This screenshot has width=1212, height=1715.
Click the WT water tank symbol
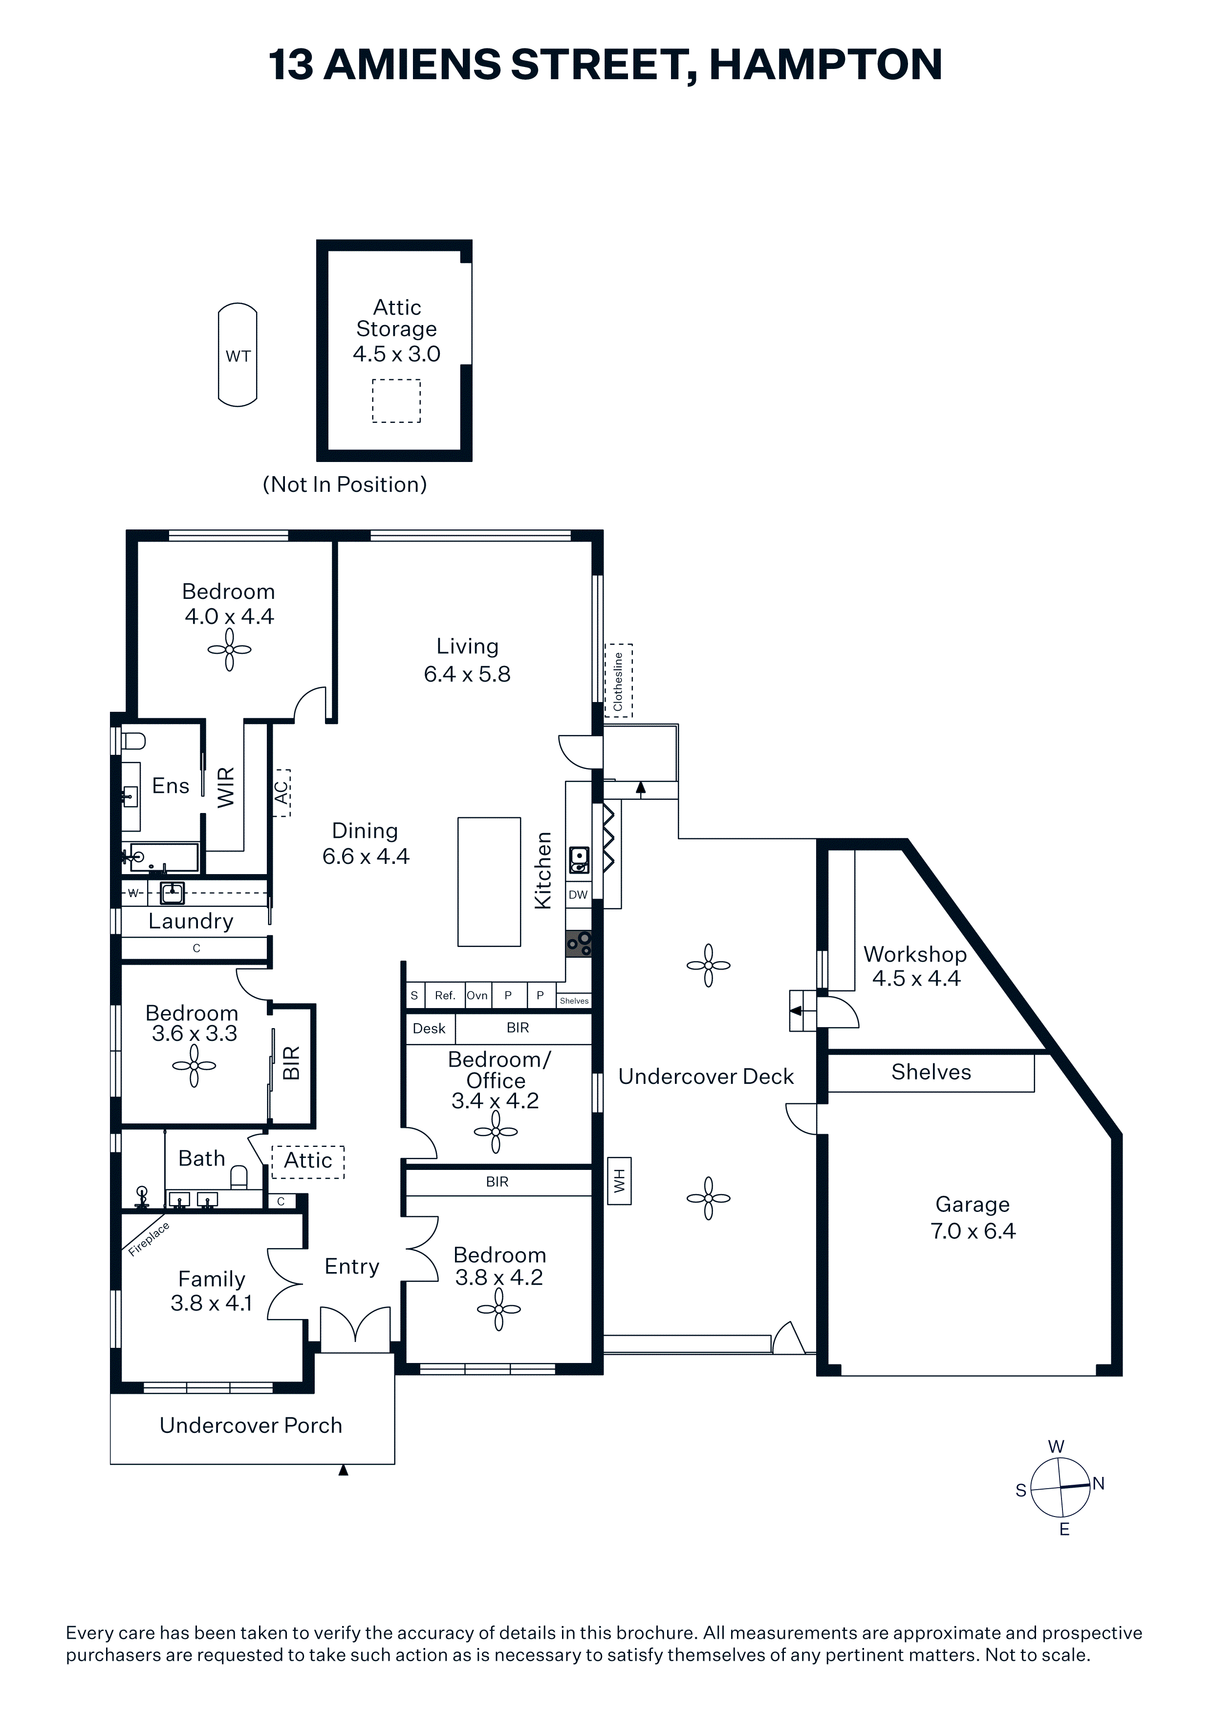238,355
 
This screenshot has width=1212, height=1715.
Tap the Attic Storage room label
396,318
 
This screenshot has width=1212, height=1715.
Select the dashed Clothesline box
618,681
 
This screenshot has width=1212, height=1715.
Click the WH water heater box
619,1181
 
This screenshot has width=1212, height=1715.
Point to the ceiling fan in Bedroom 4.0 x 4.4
229,649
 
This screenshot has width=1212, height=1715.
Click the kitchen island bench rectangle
489,881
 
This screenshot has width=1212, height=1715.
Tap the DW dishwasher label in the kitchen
578,894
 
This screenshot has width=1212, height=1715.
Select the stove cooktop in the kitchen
579,944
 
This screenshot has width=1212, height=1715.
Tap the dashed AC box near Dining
281,792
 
